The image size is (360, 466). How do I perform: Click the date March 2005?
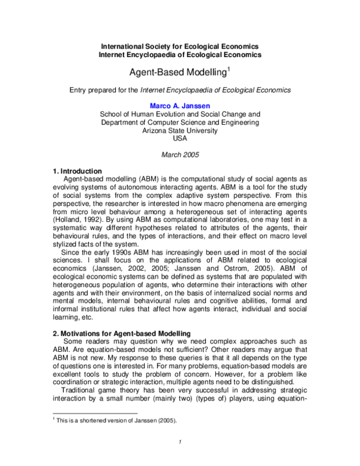click(179, 154)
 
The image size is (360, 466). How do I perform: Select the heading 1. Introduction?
click(77, 171)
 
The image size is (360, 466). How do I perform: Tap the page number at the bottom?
click(179, 444)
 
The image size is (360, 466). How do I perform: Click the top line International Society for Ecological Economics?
click(179, 46)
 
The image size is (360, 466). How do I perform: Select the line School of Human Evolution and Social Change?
click(179, 113)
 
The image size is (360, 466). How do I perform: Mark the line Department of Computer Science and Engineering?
click(179, 121)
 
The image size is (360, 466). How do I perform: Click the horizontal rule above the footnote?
click(95, 413)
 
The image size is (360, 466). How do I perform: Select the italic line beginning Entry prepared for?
click(179, 89)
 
